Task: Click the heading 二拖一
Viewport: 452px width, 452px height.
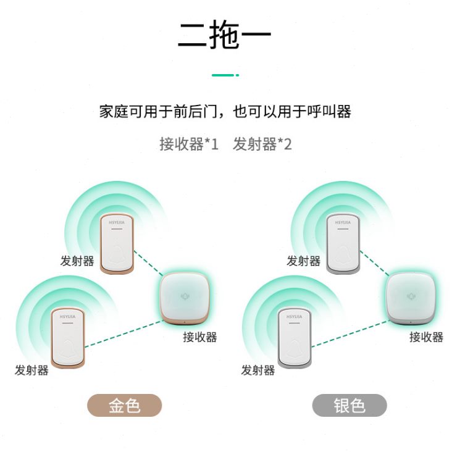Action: (x=225, y=36)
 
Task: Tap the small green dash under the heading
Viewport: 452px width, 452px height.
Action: (x=225, y=75)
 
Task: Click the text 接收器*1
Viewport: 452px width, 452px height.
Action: (x=189, y=144)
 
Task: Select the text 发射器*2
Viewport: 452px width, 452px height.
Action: (x=262, y=144)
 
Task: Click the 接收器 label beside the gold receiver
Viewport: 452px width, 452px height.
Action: (x=199, y=337)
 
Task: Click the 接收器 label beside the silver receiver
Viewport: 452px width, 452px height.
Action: (x=426, y=337)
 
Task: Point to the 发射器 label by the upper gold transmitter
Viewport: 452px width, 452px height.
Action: (x=77, y=261)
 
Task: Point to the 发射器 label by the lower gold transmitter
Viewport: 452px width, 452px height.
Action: (x=31, y=370)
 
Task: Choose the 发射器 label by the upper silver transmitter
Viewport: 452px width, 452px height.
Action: (x=303, y=261)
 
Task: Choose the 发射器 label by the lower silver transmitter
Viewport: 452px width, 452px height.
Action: (x=257, y=370)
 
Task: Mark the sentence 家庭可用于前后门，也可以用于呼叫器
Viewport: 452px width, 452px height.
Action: (x=225, y=112)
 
